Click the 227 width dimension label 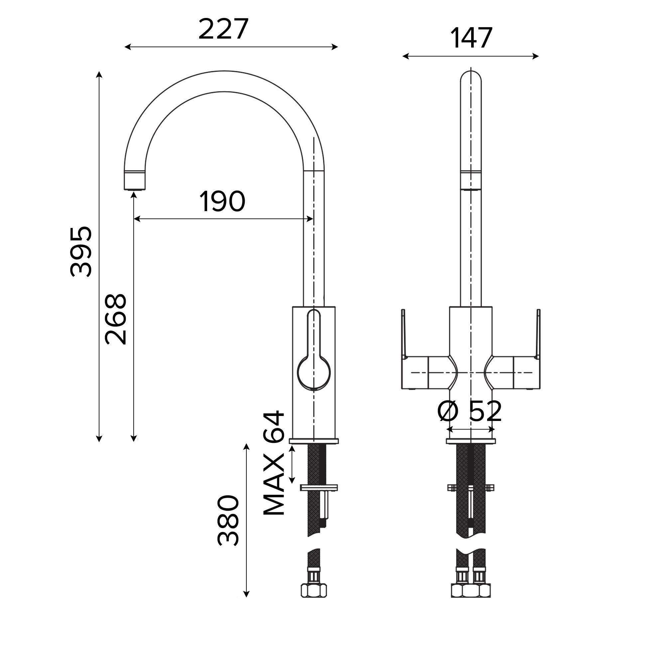[223, 29]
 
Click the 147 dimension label [471, 38]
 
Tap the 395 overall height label [81, 252]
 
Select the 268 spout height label [116, 320]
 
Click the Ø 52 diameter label [469, 411]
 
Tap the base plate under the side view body [314, 441]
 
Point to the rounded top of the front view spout [471, 77]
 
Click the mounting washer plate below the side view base [319, 487]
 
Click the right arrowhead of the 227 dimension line [335, 47]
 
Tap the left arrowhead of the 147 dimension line [405, 56]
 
